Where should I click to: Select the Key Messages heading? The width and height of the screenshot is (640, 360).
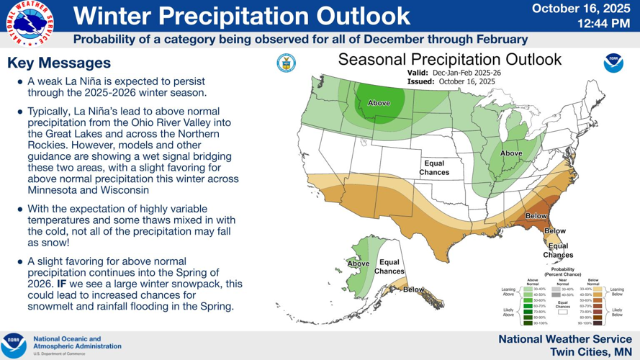tap(59, 63)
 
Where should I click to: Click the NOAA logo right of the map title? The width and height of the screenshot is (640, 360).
tap(613, 64)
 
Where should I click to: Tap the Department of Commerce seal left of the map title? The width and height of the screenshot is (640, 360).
tap(286, 63)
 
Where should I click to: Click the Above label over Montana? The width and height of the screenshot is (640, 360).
tap(379, 103)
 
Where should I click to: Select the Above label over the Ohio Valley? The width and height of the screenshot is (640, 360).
tap(511, 153)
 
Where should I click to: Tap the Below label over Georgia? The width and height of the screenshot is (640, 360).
tap(536, 215)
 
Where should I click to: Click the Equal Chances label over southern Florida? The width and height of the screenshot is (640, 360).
tap(558, 251)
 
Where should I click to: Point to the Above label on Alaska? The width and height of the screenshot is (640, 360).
tap(358, 264)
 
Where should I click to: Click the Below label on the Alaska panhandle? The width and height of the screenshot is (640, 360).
tap(413, 289)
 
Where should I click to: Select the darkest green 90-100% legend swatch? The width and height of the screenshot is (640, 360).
tap(528, 323)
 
